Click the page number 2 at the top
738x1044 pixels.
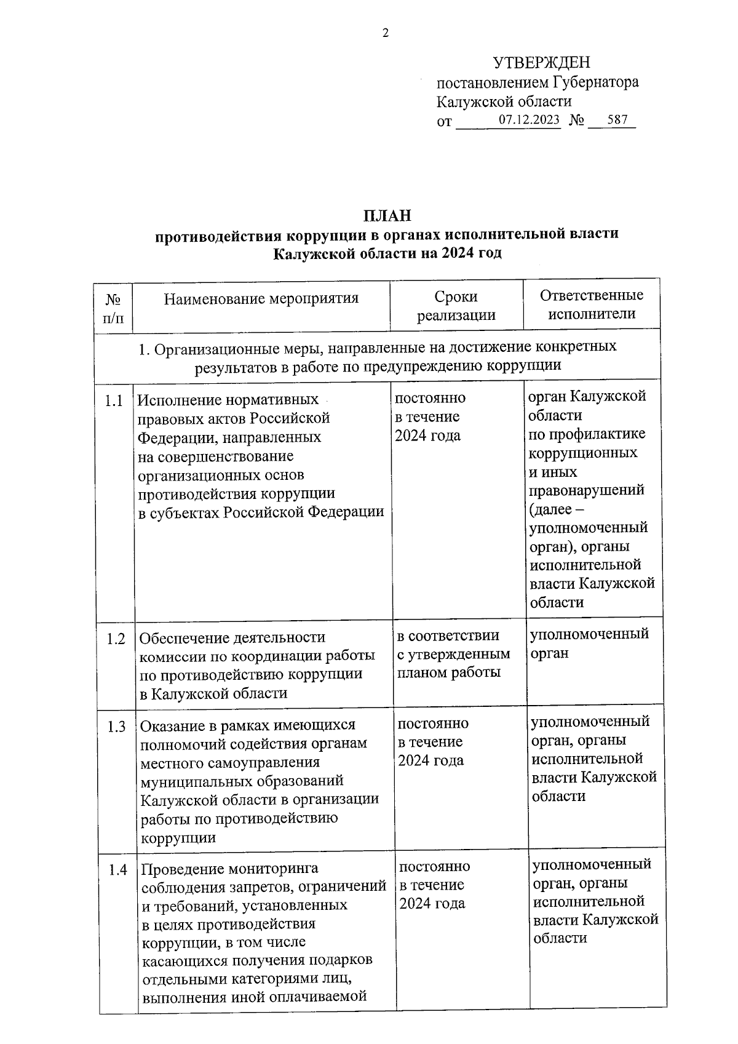(x=386, y=33)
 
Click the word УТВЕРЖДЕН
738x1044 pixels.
(x=542, y=63)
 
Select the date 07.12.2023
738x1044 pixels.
(x=529, y=120)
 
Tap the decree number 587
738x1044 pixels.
(x=617, y=120)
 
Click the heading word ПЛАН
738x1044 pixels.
(x=386, y=215)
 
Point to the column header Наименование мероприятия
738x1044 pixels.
(x=261, y=299)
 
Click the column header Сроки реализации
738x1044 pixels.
(x=456, y=305)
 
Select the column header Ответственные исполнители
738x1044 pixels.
(x=592, y=304)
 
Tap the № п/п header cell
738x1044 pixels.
(x=113, y=308)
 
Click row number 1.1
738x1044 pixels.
(x=114, y=401)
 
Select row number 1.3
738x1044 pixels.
(x=116, y=727)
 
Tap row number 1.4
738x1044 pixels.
(x=117, y=870)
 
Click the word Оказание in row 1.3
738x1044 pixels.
(x=172, y=725)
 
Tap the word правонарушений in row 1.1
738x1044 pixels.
(x=587, y=490)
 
